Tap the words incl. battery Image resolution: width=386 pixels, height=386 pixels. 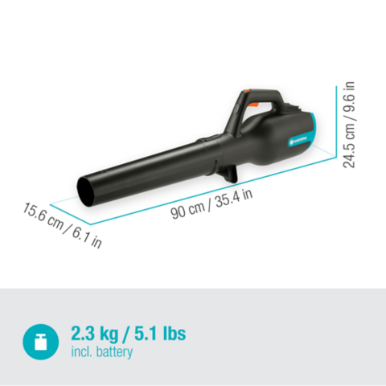tap(102, 352)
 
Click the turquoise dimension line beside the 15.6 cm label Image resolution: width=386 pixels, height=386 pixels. tap(64, 207)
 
